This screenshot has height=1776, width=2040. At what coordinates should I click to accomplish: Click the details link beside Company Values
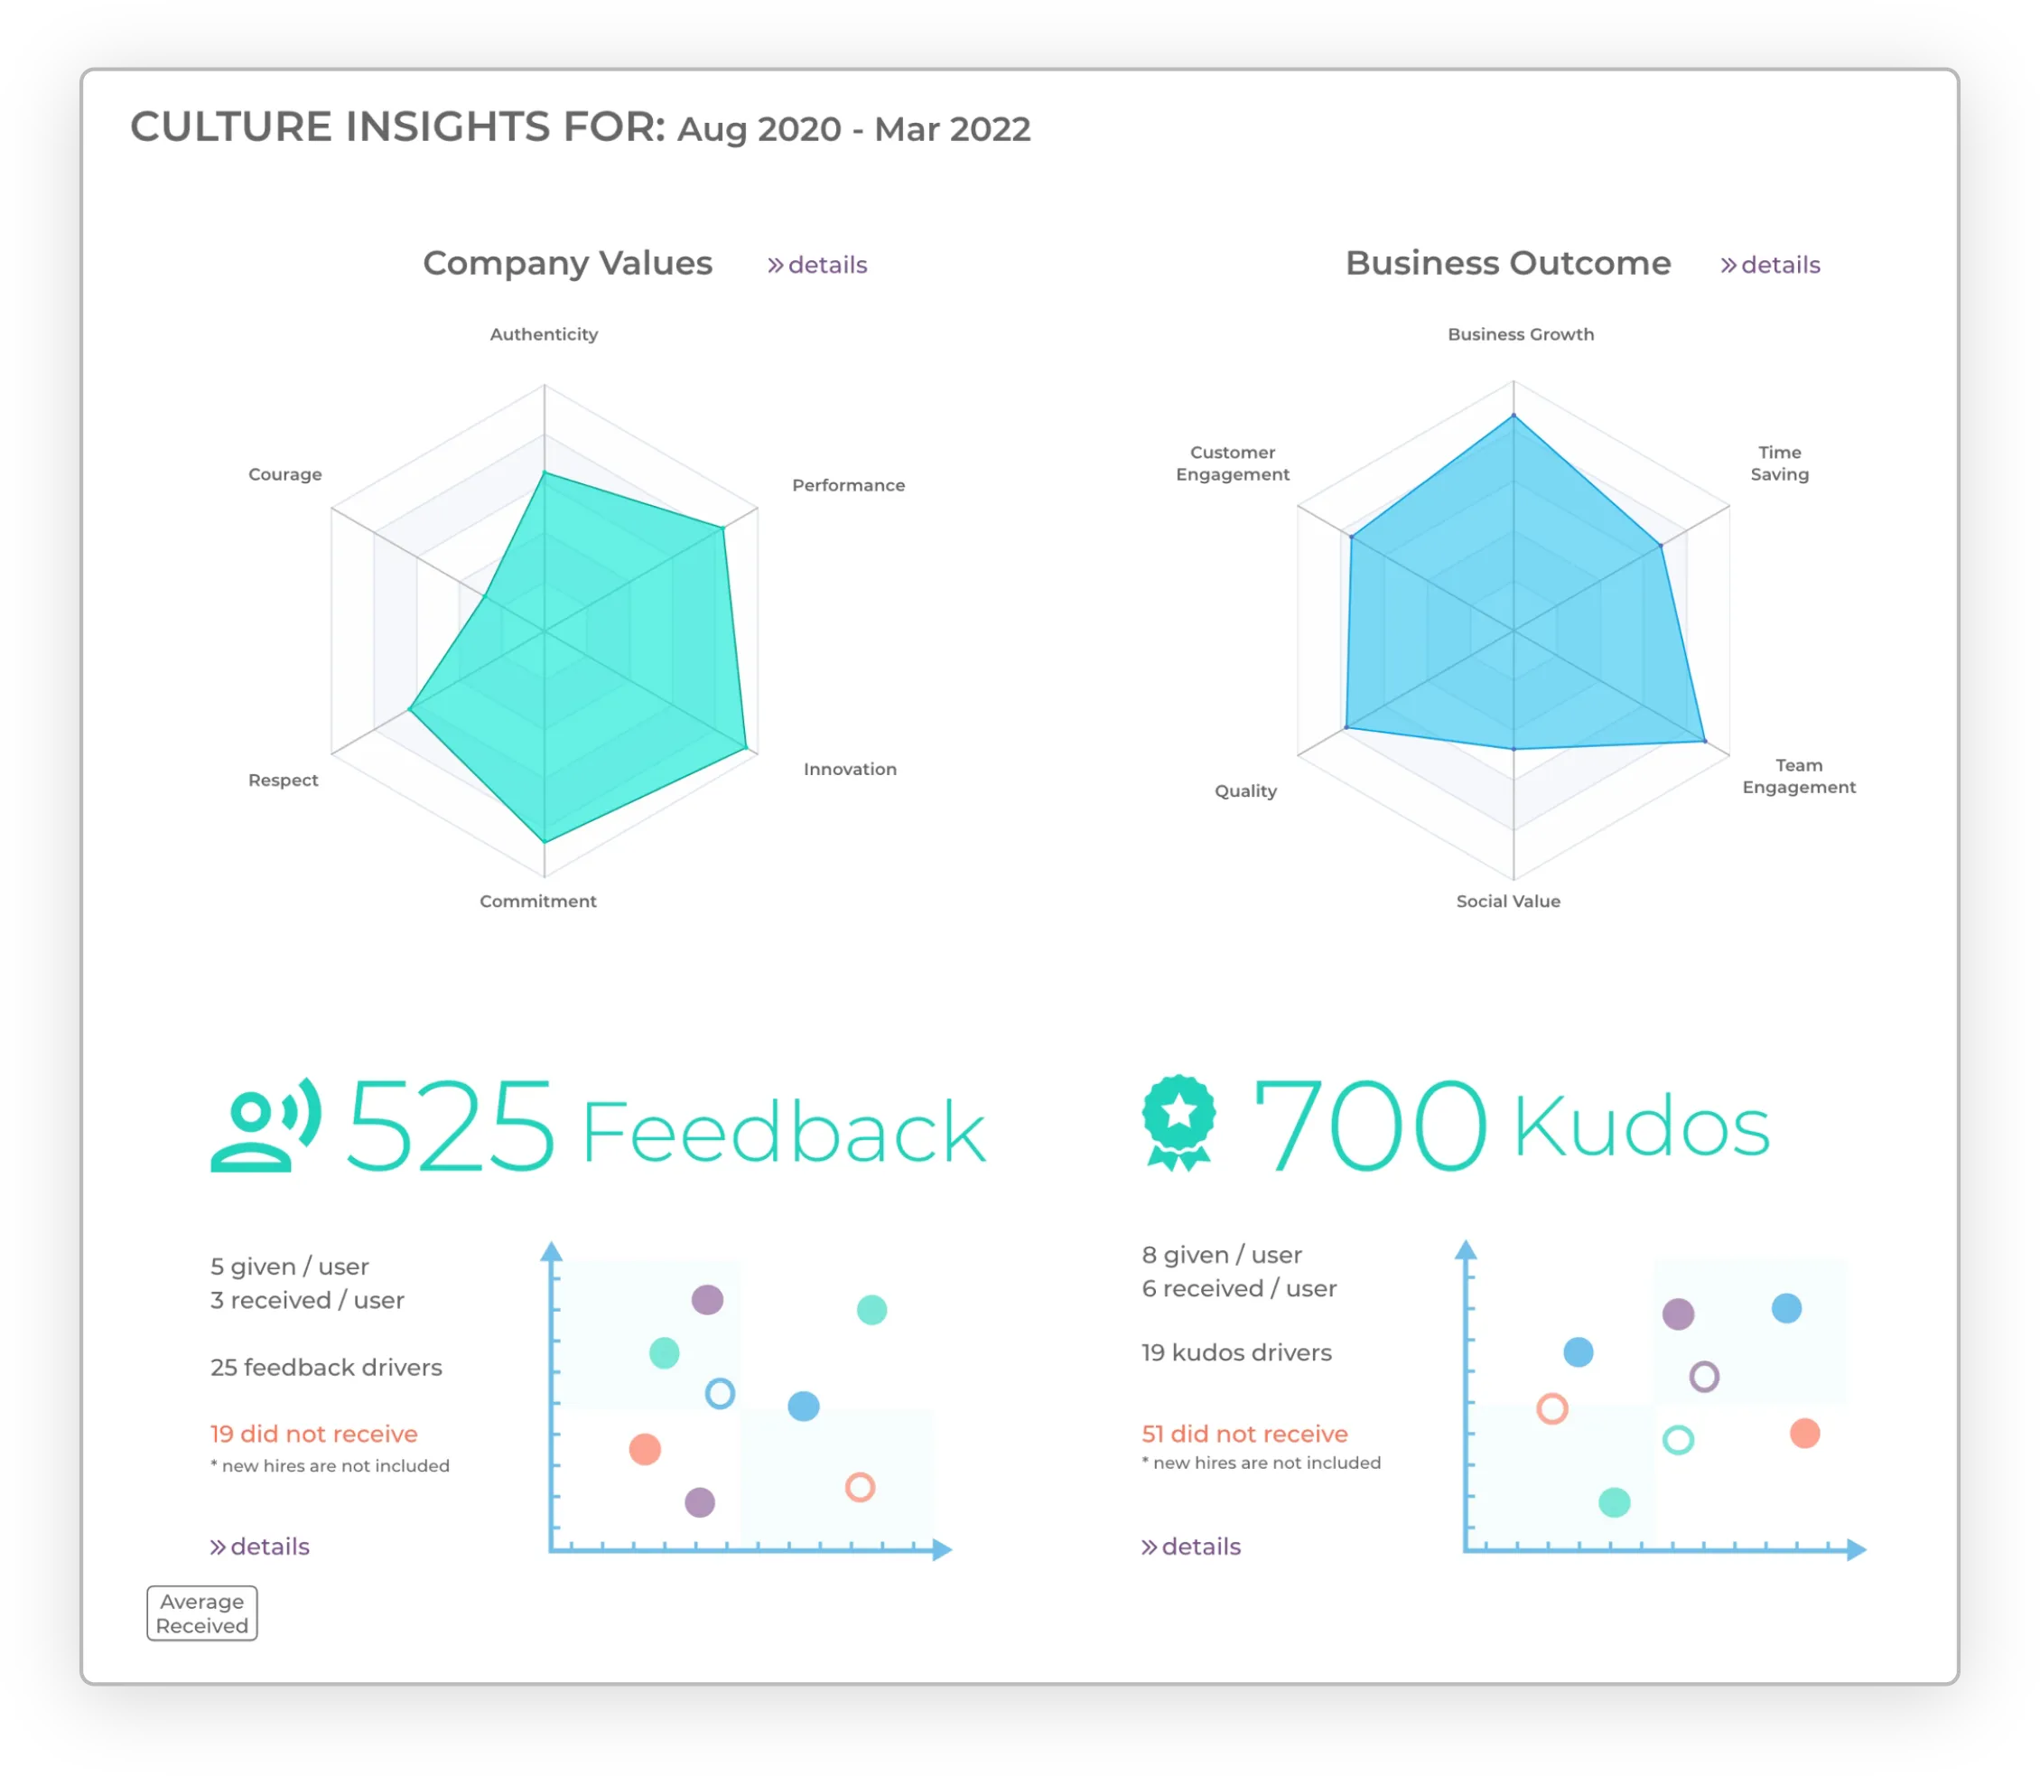816,265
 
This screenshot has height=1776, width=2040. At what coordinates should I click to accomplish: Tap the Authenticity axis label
544,334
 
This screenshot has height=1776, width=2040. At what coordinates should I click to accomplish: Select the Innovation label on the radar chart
849,769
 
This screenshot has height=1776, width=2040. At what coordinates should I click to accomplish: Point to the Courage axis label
284,473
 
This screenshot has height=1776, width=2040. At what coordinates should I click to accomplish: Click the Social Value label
1507,901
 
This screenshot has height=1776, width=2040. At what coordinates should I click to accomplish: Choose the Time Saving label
1778,463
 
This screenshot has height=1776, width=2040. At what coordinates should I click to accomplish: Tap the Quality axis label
1245,790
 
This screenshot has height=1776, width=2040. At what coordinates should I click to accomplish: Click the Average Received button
202,1613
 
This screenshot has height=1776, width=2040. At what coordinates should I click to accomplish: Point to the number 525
450,1126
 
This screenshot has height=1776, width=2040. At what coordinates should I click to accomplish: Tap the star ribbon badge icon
1178,1123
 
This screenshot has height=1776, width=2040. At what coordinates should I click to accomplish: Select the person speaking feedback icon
265,1125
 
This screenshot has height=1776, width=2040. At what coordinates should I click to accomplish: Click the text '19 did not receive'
314,1435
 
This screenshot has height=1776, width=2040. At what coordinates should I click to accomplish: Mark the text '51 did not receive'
1244,1435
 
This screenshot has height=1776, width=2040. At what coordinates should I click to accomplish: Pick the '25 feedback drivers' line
326,1368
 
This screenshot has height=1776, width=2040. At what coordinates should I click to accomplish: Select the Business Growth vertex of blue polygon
1513,416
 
